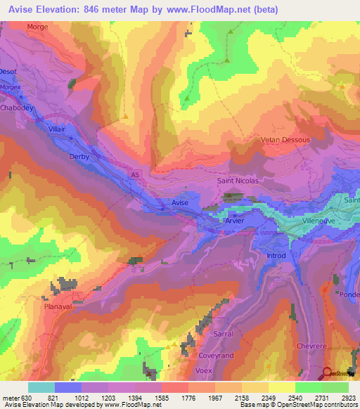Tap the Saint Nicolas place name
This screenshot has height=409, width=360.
(x=238, y=181)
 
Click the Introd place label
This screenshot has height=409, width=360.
(x=276, y=256)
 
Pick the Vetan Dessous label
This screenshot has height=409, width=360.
(x=285, y=140)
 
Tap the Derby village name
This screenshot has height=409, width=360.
(x=79, y=157)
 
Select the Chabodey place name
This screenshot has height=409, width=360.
(x=17, y=109)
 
